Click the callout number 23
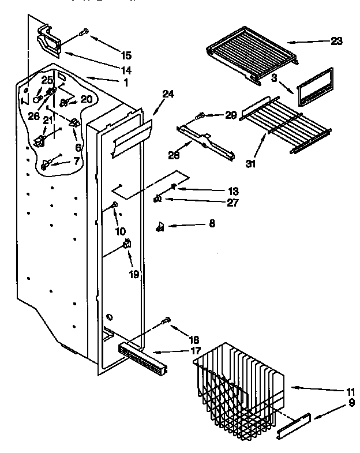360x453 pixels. click(337, 41)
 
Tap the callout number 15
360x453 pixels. click(126, 55)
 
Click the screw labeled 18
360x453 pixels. click(167, 320)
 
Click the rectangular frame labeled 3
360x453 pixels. click(315, 87)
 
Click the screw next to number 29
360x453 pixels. click(201, 117)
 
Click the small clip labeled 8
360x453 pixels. click(160, 227)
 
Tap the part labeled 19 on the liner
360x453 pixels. click(126, 247)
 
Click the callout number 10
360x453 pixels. click(121, 231)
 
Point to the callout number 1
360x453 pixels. click(126, 83)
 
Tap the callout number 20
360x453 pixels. click(86, 99)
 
